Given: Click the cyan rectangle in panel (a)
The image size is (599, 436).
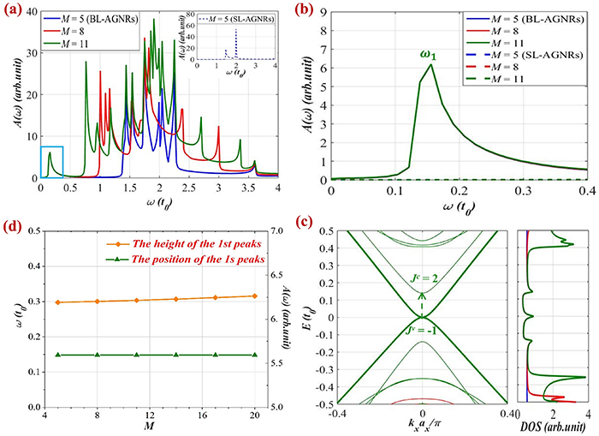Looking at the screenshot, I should coord(52,161).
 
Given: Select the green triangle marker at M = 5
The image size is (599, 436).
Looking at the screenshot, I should coord(57,354).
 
